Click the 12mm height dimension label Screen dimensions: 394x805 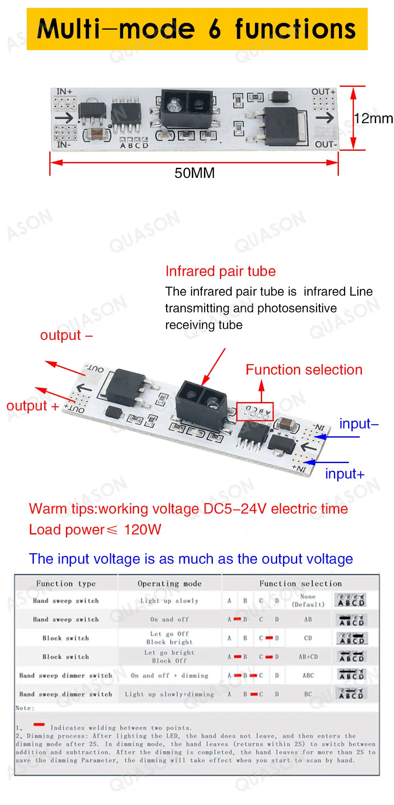click(373, 119)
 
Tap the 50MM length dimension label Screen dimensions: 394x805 click(194, 173)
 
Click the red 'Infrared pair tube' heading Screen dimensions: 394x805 click(220, 271)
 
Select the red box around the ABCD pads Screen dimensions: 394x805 click(255, 411)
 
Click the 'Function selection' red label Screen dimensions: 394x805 click(304, 370)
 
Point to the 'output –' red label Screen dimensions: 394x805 click(66, 335)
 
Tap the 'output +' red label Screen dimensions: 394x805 click(33, 406)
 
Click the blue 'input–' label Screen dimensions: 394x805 click(359, 424)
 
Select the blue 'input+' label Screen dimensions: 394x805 click(345, 474)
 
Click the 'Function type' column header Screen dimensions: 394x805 click(66, 584)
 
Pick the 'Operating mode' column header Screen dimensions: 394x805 click(169, 584)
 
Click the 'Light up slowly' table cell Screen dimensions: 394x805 click(169, 601)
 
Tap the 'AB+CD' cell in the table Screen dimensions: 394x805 click(308, 657)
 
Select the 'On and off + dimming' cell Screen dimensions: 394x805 click(169, 676)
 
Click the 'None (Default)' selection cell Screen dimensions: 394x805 click(308, 600)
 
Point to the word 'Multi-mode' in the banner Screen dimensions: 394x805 click(116, 29)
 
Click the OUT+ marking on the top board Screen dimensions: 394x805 click(323, 92)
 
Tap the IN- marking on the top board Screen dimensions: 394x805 click(63, 145)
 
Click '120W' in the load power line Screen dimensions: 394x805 click(142, 530)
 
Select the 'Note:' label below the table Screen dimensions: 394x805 click(25, 708)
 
